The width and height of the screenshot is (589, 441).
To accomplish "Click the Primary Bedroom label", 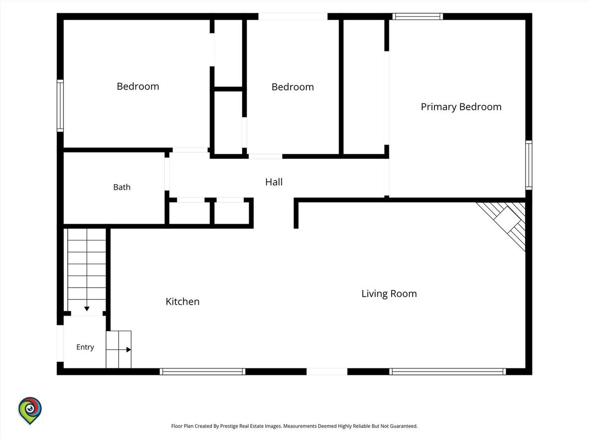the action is pos(461,107).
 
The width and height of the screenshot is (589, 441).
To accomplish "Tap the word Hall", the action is pos(274,182).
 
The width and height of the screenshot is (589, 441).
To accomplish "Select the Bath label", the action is pos(122,187).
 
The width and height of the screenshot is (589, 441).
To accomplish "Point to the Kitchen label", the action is pos(183,301).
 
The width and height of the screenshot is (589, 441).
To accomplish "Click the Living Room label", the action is pos(389,294).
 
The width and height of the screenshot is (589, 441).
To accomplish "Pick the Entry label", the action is pos(85,347).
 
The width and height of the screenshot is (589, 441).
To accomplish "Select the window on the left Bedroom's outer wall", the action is pos(60,106).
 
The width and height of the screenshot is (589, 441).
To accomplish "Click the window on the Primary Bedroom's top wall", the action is pos(418,16).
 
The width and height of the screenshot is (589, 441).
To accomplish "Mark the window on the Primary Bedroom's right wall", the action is pos(529,165).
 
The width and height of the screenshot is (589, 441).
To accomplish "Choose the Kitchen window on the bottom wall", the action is pos(203,371).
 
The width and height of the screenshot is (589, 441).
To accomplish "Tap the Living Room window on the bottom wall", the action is pos(448,371).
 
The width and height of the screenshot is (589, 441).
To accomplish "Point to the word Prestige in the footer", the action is pos(229,426).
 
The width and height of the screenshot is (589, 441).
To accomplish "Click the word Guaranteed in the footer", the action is pos(403,426).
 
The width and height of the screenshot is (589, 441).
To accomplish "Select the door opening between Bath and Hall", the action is pos(167,174).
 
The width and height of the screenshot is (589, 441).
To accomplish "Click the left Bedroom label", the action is pos(138,87).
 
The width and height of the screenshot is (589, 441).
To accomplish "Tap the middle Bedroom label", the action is pos(293,87).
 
